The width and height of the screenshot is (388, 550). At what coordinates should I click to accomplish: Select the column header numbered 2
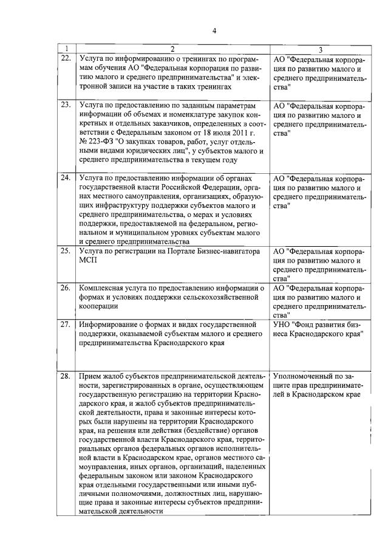[x=172, y=49]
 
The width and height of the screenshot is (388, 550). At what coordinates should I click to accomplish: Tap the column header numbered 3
[x=319, y=49]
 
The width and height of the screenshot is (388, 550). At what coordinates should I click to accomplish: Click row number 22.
[x=65, y=59]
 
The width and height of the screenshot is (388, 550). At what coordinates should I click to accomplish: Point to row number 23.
[x=65, y=105]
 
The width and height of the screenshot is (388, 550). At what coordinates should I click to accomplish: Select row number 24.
[x=65, y=178]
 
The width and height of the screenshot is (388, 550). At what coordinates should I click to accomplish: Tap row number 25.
[x=65, y=251]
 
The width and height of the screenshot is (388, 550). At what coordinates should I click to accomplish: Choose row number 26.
[x=65, y=287]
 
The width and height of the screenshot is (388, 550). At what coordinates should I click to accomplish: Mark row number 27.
[x=65, y=324]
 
